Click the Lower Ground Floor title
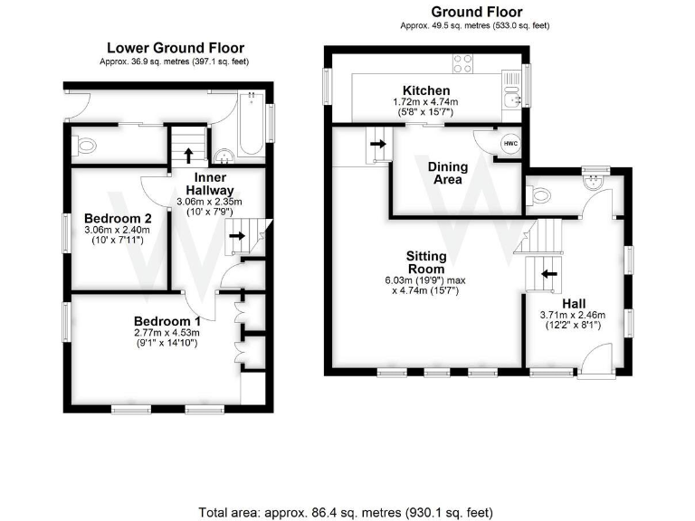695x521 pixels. (x=176, y=48)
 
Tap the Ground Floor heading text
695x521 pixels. (x=476, y=12)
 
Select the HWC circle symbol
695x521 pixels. (x=510, y=144)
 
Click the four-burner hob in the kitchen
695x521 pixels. (x=462, y=63)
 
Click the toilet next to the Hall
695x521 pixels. (x=538, y=195)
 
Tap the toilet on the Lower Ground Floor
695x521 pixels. (x=86, y=145)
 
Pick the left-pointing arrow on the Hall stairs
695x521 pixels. (x=547, y=272)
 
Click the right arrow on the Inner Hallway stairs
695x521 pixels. (x=236, y=237)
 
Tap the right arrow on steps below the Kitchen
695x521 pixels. (x=376, y=143)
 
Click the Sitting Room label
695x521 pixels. (x=425, y=262)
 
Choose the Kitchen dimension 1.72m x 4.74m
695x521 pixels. (x=426, y=102)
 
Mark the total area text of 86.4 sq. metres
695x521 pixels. (x=347, y=513)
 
